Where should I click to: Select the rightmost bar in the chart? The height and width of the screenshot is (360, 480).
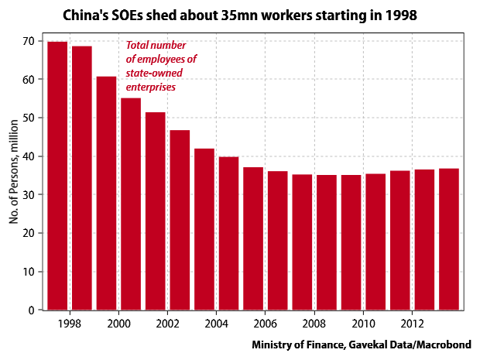point(449,239)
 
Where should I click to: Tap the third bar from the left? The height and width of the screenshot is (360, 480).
point(106,193)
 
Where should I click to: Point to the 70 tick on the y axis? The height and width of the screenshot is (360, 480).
point(31,41)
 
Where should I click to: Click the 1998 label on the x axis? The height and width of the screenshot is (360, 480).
point(70,324)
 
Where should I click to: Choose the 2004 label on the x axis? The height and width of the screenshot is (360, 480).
point(216,324)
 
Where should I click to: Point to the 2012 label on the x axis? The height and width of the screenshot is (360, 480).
point(412,324)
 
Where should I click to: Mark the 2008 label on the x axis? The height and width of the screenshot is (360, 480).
point(314,324)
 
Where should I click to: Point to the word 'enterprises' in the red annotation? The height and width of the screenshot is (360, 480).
point(151,87)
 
